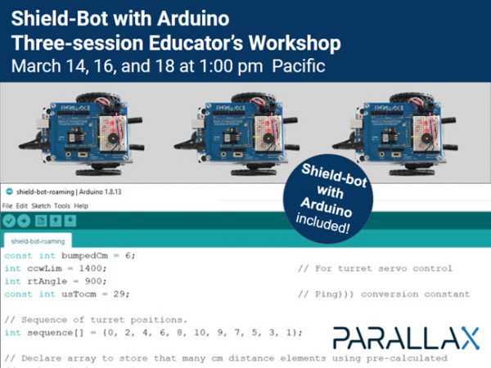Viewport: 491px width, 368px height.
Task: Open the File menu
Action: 7,205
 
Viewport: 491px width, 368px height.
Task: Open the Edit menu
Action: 22,205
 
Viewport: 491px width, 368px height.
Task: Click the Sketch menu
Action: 41,205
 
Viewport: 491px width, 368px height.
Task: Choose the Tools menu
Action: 62,205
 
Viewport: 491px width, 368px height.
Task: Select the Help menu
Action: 81,205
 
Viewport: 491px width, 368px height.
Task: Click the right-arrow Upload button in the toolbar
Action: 25,221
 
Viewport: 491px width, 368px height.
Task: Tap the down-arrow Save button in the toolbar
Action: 71,221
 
